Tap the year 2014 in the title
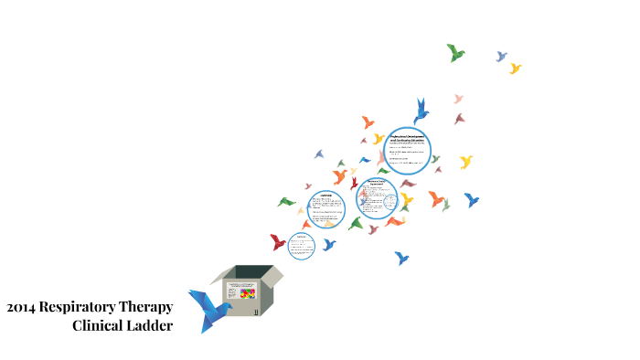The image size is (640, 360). (x=21, y=307)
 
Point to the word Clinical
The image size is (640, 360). (x=101, y=325)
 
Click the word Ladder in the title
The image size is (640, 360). (x=152, y=325)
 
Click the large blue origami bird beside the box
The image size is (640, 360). (x=208, y=310)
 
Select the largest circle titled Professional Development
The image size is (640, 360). (x=407, y=150)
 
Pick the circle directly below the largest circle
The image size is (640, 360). (x=377, y=198)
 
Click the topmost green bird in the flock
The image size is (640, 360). (x=455, y=53)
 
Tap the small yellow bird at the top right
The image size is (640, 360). (x=515, y=69)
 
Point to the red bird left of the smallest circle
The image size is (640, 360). (x=278, y=242)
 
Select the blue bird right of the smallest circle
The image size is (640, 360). (x=328, y=245)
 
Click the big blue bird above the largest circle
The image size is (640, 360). (x=421, y=111)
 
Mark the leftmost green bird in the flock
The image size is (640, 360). (x=286, y=202)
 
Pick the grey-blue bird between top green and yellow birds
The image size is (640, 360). (x=501, y=57)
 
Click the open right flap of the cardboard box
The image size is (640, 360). (x=273, y=275)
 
